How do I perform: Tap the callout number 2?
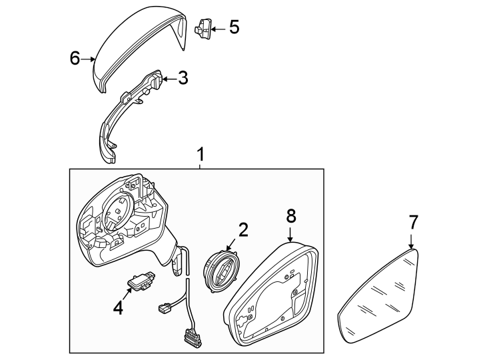click(243, 231)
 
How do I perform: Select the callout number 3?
click(183, 79)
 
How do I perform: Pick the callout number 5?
click(233, 28)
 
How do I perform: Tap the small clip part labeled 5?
click(203, 28)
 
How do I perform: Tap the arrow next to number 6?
click(90, 59)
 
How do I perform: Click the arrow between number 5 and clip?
click(218, 29)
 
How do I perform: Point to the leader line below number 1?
click(199, 166)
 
